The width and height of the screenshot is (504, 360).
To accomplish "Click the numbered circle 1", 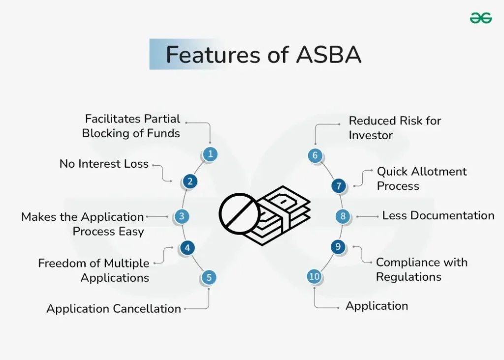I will click(210, 154).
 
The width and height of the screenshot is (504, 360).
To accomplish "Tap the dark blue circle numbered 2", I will click(189, 181).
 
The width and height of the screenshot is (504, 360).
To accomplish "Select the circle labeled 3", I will click(182, 216).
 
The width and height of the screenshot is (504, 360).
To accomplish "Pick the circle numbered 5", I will click(209, 277).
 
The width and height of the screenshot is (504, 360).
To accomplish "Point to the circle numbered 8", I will click(343, 216).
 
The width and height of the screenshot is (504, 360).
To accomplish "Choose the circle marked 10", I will click(315, 276).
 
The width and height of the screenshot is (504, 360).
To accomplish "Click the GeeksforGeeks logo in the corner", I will click(480, 18).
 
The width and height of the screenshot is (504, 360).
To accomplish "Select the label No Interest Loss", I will click(104, 164).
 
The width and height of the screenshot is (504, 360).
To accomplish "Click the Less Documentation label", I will click(438, 215).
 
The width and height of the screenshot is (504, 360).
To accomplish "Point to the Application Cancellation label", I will click(114, 309).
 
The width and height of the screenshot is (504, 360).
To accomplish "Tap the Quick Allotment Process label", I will click(421, 179).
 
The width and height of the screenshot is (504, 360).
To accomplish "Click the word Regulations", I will click(409, 277).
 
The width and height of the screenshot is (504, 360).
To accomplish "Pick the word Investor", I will click(371, 135).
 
